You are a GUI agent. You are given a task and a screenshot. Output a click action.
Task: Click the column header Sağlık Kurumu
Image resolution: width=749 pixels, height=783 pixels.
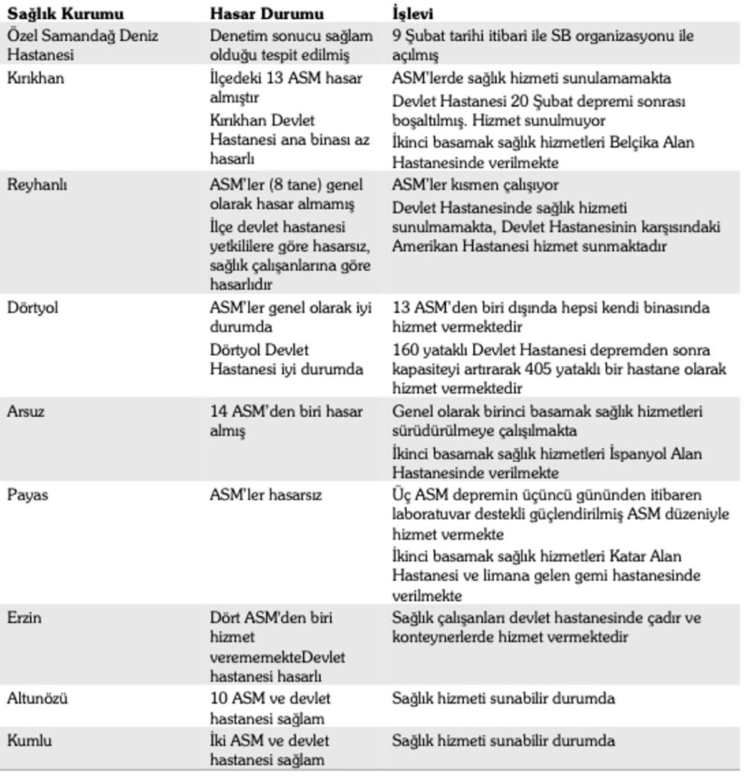click(x=65, y=13)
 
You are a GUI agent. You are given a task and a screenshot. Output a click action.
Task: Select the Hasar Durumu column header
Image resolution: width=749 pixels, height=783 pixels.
click(x=267, y=13)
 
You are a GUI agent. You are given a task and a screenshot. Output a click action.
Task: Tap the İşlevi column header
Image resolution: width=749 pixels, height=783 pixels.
click(x=413, y=13)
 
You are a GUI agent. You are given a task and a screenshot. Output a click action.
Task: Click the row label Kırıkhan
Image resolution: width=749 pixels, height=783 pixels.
click(x=35, y=78)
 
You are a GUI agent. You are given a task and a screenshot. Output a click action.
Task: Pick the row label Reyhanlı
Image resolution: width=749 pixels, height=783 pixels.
click(x=37, y=185)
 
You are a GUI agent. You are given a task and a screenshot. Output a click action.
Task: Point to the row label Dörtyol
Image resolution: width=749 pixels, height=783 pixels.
click(x=32, y=307)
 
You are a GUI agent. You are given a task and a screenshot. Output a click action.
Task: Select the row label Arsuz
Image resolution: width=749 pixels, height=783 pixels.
click(x=26, y=411)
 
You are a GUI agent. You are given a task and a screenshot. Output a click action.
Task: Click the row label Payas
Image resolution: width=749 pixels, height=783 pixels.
click(x=27, y=495)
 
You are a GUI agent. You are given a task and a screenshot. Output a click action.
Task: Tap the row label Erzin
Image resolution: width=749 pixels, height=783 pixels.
click(x=24, y=617)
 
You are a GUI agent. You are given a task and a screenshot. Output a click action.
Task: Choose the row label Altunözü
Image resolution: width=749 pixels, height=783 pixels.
click(x=37, y=698)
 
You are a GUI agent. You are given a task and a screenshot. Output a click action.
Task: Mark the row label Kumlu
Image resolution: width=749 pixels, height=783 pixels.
click(x=29, y=741)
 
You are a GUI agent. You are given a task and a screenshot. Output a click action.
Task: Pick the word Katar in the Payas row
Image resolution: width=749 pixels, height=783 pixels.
click(x=627, y=556)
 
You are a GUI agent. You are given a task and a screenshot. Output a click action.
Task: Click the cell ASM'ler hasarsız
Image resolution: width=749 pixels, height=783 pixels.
click(x=266, y=495)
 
